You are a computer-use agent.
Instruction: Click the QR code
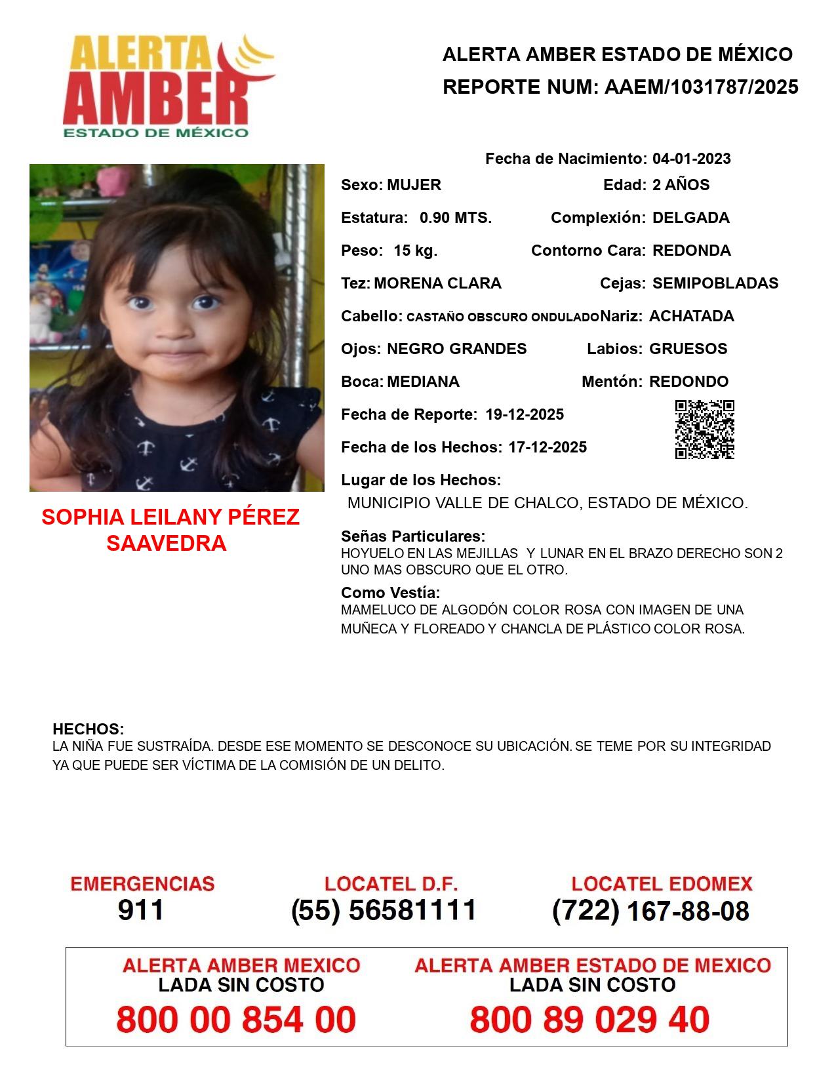click(x=704, y=430)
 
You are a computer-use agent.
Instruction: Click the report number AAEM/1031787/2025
click(x=701, y=87)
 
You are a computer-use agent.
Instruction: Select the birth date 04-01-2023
click(x=691, y=159)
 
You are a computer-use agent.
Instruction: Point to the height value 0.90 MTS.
click(x=456, y=218)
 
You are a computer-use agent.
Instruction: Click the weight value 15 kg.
click(x=415, y=250)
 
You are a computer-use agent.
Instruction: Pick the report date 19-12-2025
click(x=525, y=414)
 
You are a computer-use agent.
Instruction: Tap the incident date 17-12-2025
click(x=547, y=447)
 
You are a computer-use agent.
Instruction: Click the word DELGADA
click(x=690, y=218)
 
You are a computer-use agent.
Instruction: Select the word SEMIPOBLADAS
click(x=715, y=283)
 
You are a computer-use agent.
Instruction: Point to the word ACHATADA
click(x=691, y=316)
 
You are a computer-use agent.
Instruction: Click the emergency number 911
click(x=141, y=910)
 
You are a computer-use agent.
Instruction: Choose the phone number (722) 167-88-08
click(x=650, y=911)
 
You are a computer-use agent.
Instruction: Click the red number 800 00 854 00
click(x=236, y=1020)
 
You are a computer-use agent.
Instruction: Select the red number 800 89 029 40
click(x=589, y=1020)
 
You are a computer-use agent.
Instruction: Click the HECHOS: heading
click(x=88, y=729)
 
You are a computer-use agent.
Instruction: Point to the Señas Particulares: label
click(x=413, y=536)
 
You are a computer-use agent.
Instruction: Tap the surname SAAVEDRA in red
click(x=166, y=543)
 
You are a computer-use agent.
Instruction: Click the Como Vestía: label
click(x=390, y=593)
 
